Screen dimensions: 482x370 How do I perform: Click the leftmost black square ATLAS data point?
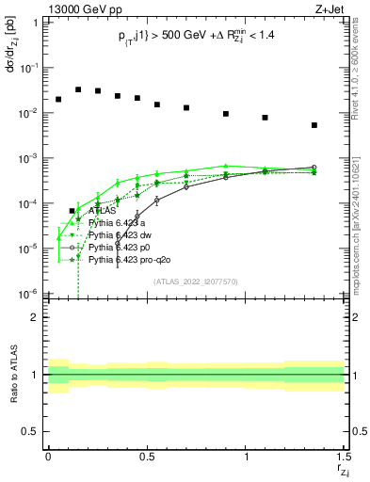pyautogui.click(x=58, y=99)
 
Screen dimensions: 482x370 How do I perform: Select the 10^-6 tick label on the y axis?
pyautogui.click(x=29, y=294)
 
